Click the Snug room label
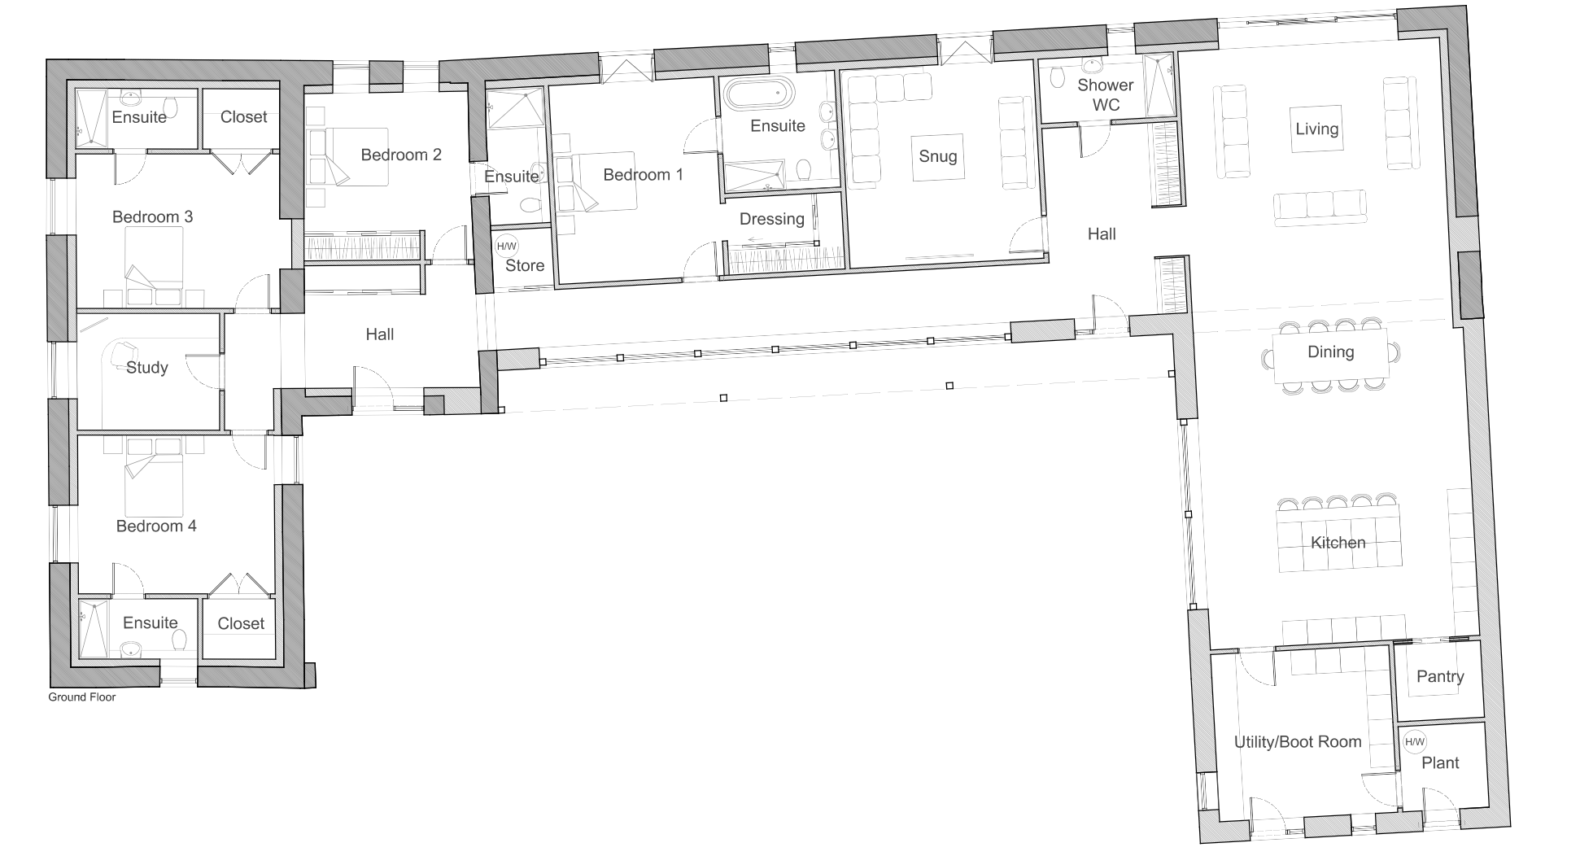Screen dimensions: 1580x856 tap(937, 156)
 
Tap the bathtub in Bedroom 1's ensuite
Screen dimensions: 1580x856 tap(759, 94)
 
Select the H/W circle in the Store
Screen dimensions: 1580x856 tap(506, 246)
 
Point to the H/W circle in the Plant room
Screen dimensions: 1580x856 tap(1415, 741)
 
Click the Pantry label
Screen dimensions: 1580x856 tap(1440, 676)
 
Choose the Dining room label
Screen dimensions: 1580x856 tap(1331, 352)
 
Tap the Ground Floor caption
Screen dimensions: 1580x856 tap(82, 697)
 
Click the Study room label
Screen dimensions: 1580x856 tap(147, 368)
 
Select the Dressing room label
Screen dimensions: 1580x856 tap(772, 219)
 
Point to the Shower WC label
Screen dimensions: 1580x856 tap(1106, 94)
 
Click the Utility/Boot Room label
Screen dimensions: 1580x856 tap(1298, 742)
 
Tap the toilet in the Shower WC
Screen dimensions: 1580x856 tap(1058, 77)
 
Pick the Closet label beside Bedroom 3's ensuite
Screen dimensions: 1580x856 tap(244, 116)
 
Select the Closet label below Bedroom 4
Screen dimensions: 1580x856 tap(242, 623)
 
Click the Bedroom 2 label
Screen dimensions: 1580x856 tap(401, 155)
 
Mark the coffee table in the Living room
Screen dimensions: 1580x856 tap(1317, 129)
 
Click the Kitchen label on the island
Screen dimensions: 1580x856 tap(1338, 543)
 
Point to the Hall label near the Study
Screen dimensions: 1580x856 tap(380, 334)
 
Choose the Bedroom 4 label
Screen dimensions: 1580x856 tap(156, 526)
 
